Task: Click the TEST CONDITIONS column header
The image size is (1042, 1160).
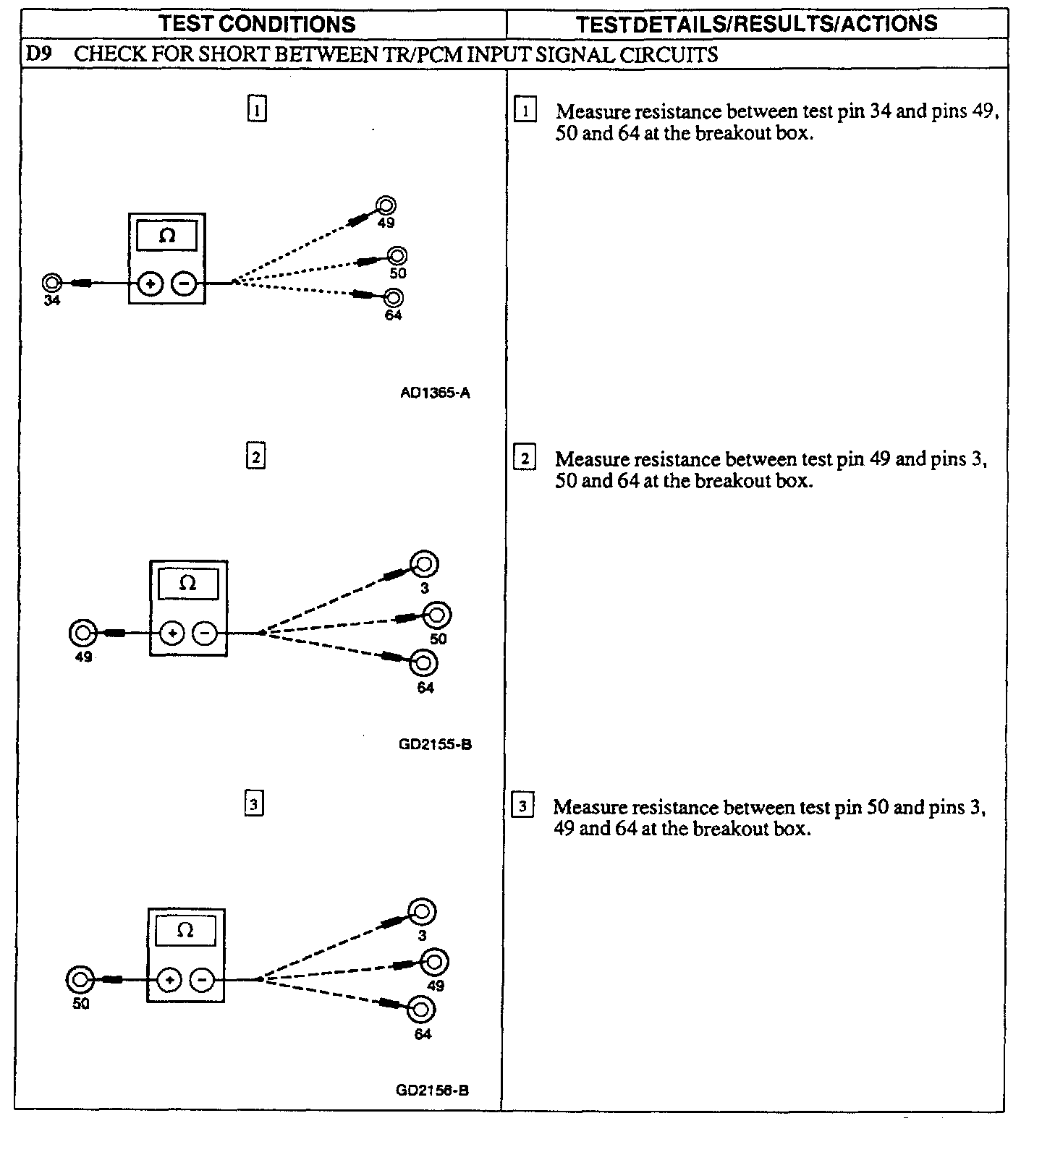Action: (x=258, y=24)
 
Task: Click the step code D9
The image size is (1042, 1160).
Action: (x=38, y=54)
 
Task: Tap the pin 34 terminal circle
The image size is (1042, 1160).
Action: (x=51, y=282)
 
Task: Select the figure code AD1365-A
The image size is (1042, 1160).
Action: (x=435, y=393)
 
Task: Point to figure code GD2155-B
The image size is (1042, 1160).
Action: (x=435, y=744)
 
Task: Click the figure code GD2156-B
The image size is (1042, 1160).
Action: (x=432, y=1090)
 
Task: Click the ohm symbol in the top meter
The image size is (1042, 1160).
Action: (x=166, y=236)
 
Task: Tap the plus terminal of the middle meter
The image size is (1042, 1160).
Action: (x=171, y=634)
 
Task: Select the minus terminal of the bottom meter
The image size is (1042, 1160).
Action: (x=202, y=981)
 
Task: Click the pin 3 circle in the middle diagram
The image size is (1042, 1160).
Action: (x=424, y=563)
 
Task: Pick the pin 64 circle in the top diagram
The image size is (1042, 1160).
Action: (x=394, y=297)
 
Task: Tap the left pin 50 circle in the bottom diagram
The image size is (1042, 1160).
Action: (x=80, y=981)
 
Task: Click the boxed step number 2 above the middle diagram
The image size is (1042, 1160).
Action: (x=256, y=457)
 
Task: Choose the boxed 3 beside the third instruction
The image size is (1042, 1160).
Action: (x=522, y=806)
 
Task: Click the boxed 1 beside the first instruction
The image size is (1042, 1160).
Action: (x=525, y=111)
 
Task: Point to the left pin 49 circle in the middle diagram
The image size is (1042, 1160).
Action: (x=83, y=634)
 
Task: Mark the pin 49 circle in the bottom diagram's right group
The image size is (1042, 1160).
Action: (x=435, y=962)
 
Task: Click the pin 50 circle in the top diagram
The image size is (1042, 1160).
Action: (x=397, y=255)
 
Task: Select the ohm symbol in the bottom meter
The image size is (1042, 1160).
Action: (x=185, y=931)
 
